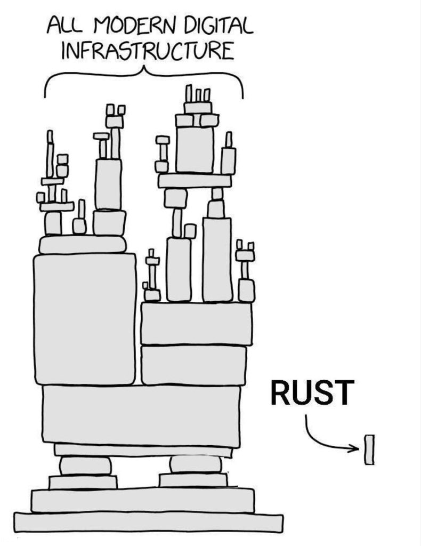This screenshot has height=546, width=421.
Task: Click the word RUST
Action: click(x=310, y=392)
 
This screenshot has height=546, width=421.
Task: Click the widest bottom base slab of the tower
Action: click(x=148, y=522)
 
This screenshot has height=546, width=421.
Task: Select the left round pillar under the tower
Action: click(x=85, y=465)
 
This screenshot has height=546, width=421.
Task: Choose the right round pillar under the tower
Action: click(x=195, y=464)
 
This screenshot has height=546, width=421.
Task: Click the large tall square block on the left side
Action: click(x=85, y=319)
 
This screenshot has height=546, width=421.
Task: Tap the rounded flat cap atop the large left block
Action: click(x=83, y=245)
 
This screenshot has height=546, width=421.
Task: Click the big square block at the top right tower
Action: click(x=195, y=149)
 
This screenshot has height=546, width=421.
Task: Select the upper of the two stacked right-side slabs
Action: click(x=196, y=324)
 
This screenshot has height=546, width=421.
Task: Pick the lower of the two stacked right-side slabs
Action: click(x=194, y=365)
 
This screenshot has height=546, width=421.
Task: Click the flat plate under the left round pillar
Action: click(x=83, y=482)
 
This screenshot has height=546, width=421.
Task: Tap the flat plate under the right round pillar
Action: click(x=193, y=480)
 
